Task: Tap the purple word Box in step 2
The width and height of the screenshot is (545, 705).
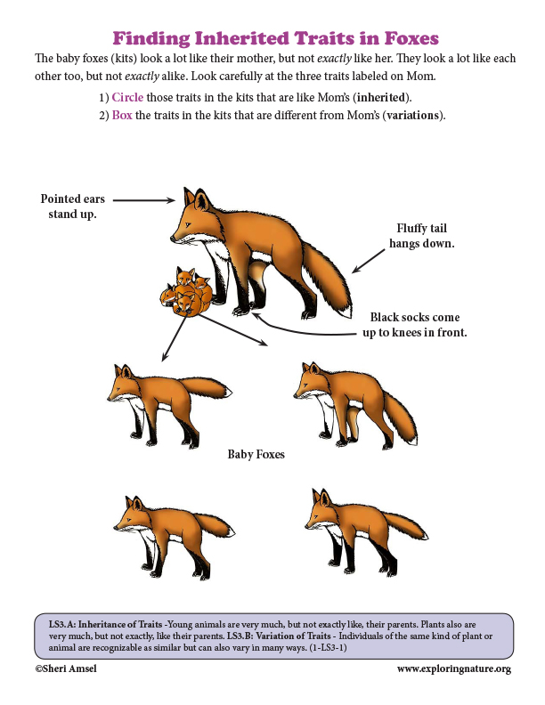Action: point(122,117)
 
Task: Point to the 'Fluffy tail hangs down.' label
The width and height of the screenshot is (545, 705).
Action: point(422,235)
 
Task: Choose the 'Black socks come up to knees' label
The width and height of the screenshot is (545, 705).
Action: point(418,325)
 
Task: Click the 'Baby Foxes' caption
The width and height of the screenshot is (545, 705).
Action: point(256,454)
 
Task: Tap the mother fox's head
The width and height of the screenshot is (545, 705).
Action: point(191,214)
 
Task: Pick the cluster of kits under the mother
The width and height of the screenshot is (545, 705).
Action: point(185,292)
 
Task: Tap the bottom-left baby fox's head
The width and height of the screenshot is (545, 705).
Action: point(131,515)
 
